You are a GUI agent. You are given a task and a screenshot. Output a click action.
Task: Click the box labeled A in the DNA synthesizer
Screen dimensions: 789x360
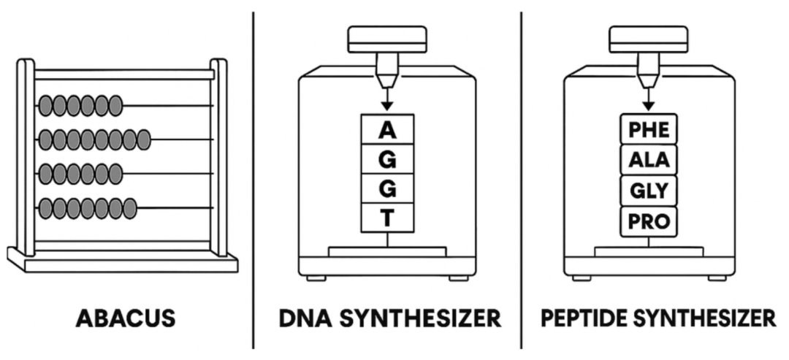[387, 131]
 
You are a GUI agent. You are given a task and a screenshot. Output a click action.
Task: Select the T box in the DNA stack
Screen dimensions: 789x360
[387, 218]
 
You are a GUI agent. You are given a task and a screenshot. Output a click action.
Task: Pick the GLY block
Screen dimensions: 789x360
[649, 191]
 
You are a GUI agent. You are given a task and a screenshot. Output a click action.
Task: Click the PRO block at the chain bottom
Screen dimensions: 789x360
[649, 221]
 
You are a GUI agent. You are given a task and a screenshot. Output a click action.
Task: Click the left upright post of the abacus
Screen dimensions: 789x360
[26, 157]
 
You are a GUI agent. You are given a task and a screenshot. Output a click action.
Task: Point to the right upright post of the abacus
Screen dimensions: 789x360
[218, 157]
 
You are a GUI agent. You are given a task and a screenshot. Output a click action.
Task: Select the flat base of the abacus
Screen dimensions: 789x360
[123, 261]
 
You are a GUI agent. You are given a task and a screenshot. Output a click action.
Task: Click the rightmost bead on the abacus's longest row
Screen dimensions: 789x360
[143, 139]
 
